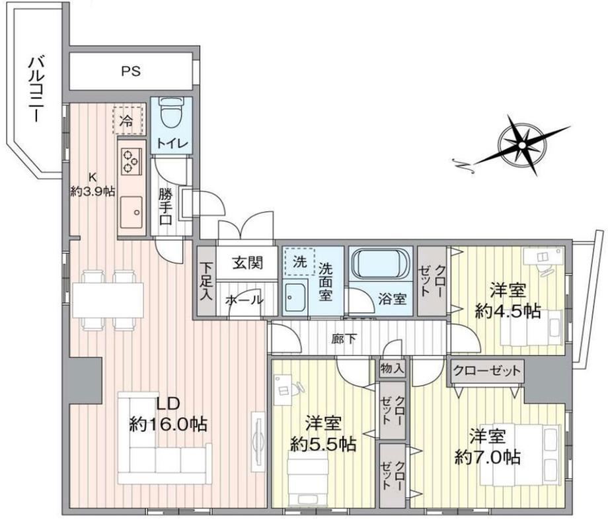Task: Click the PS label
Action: coord(131,71)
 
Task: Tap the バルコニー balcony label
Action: coord(36,89)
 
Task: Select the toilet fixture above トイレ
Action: coord(171,112)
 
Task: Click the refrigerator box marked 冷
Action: coord(127,120)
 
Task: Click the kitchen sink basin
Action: coord(131,212)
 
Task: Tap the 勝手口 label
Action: coord(166,207)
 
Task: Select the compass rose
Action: coord(521,146)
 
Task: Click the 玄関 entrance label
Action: coord(247,263)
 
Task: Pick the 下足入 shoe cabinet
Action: coord(206,281)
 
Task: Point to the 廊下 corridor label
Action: coord(344,339)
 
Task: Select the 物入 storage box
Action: coord(393,368)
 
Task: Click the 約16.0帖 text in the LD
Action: coord(167,424)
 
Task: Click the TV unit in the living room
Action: coord(258,441)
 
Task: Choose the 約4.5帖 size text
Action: coord(508,311)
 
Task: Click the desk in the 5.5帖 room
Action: coord(283,390)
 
